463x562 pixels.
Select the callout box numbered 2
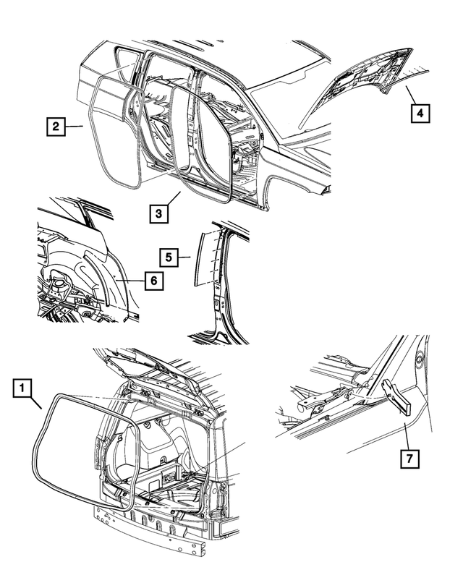click(x=54, y=127)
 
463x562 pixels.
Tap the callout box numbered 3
click(x=160, y=214)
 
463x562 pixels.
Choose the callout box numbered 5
click(x=168, y=256)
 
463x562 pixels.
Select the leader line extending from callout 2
click(x=74, y=127)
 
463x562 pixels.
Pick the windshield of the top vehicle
click(x=289, y=94)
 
